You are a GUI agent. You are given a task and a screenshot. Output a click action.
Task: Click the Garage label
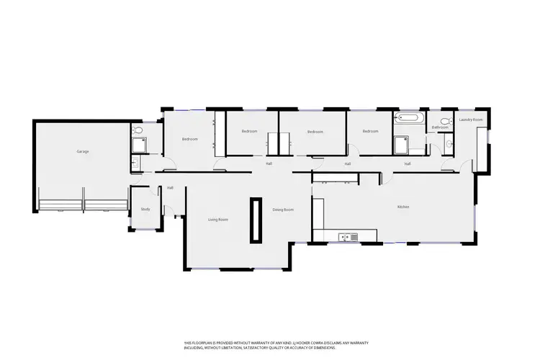tap(83, 151)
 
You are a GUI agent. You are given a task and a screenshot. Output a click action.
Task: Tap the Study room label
tap(145, 210)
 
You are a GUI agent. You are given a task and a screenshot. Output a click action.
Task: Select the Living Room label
tap(218, 219)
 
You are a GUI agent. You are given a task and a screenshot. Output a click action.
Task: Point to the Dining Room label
tap(283, 210)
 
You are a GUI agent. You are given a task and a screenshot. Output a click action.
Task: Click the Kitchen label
tap(403, 207)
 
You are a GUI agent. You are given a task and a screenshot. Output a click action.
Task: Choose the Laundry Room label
tap(470, 120)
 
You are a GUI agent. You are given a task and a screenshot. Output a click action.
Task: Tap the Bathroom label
tap(440, 127)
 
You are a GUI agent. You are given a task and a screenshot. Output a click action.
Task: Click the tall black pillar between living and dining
tap(255, 220)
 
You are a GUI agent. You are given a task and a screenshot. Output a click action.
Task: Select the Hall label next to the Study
tap(170, 188)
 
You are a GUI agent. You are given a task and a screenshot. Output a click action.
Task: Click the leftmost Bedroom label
tap(189, 138)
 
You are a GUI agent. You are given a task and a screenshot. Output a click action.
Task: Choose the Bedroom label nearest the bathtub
tap(370, 131)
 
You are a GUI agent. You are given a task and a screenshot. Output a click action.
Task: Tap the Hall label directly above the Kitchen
tap(407, 163)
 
